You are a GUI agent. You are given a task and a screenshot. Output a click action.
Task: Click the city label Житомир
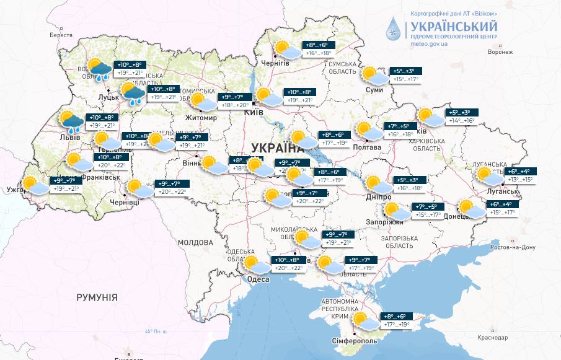tap(201, 118)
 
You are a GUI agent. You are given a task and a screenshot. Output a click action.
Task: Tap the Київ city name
tap(254, 112)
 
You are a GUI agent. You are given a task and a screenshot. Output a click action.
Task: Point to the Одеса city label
tap(258, 279)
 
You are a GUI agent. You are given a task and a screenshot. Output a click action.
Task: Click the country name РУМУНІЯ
tap(97, 297)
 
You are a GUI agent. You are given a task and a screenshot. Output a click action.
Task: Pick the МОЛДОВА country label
tap(195, 242)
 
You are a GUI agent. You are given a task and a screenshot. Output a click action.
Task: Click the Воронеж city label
tap(500, 51)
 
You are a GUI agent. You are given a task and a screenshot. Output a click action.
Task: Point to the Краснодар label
tap(493, 337)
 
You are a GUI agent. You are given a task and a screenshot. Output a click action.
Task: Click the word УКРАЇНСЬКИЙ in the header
tap(453, 27)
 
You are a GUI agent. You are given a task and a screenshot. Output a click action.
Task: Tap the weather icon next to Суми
tap(374, 76)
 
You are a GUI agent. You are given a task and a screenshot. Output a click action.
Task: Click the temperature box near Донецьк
tap(503, 209)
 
